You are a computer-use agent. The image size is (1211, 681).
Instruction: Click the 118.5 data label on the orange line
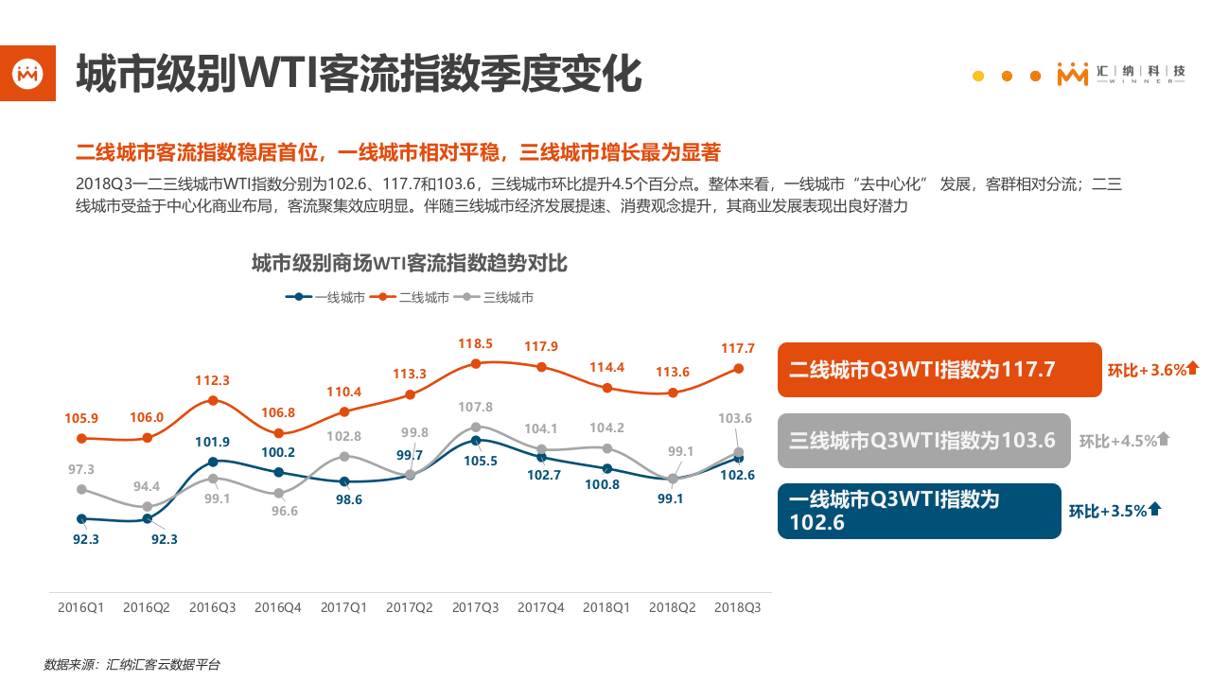477,343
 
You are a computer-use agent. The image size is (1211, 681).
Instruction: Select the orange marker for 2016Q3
213,400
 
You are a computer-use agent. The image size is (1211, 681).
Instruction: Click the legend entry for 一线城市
325,297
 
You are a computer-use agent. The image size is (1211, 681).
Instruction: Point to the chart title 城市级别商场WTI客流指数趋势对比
409,263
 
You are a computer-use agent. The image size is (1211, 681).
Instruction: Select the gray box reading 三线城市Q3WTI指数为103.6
923,440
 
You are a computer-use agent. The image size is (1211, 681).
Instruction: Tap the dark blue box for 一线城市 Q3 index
919,511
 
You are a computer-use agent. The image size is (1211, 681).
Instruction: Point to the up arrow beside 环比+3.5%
1154,509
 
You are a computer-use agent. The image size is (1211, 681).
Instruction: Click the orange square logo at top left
27,73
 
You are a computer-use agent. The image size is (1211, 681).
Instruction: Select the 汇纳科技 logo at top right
1121,75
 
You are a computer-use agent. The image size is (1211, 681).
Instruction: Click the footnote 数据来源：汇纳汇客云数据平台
132,665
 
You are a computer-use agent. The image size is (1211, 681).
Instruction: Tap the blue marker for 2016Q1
81,518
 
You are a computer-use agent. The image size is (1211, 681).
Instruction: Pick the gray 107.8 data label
476,407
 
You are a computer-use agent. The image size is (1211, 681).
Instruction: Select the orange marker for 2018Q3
739,369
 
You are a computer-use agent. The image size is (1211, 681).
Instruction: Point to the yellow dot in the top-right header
978,76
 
